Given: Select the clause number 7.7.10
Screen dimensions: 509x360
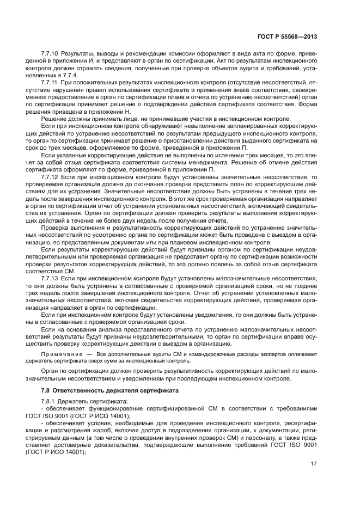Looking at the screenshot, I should pyautogui.click(x=50, y=55).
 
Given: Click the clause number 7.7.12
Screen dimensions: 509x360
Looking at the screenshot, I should pyautogui.click(x=50, y=177).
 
